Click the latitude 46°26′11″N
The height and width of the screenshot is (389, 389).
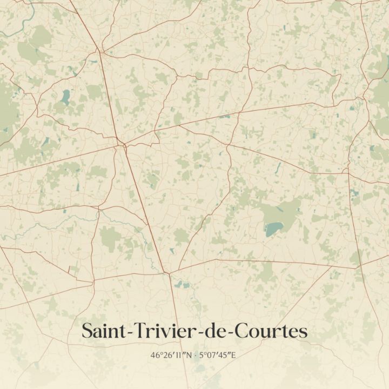172,355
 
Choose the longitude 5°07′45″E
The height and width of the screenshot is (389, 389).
219,355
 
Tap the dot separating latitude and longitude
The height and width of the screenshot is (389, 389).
196,356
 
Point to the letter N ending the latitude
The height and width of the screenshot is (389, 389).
190,355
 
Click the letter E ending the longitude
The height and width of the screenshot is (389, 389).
235,355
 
